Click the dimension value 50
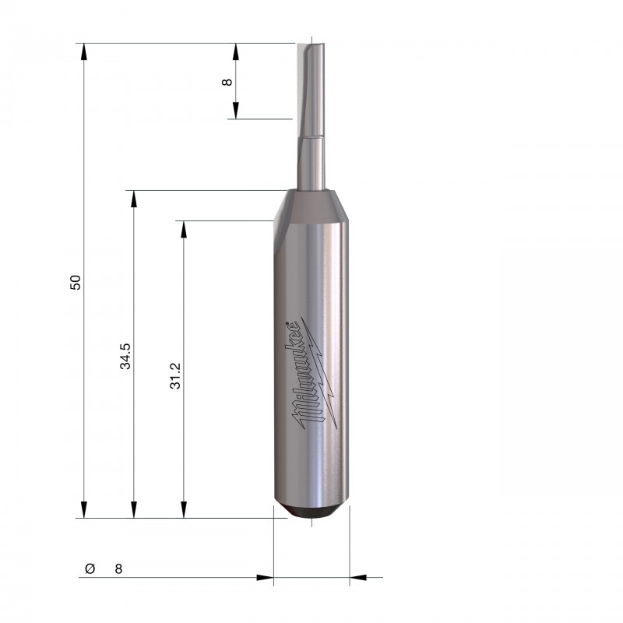click(75, 282)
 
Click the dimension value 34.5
click(125, 356)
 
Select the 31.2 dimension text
click(175, 376)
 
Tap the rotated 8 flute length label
click(227, 82)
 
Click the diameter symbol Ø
click(90, 568)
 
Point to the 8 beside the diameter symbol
click(118, 569)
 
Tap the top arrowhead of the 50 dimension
click(83, 51)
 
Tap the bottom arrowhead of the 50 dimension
click(83, 509)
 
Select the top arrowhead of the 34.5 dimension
click(134, 199)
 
